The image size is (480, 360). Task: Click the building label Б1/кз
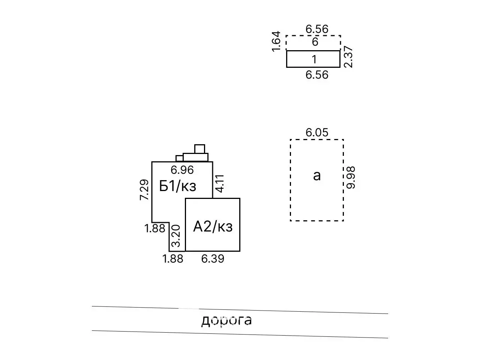coord(178,186)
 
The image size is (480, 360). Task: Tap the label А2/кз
coord(213,226)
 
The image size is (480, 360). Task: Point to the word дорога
coord(226,320)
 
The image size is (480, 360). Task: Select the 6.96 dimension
coord(182,170)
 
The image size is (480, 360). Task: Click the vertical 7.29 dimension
coord(145,190)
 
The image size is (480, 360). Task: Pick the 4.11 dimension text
coord(220,183)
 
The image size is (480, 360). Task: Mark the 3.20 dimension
coord(176,238)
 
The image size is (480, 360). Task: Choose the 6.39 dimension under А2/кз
coord(213,258)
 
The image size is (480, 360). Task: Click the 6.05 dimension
coord(317,133)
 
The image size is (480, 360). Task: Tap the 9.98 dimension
coord(351,177)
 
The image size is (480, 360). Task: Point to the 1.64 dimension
coord(276,41)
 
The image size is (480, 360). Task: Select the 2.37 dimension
coord(348,57)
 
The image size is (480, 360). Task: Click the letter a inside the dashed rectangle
coord(317,175)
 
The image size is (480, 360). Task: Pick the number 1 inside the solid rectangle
coord(314,59)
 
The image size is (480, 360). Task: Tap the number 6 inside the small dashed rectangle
coord(315,42)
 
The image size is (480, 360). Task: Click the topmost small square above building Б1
coord(199,149)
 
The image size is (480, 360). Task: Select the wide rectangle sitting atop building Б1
coord(195,157)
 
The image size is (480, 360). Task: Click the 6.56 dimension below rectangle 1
coord(317,75)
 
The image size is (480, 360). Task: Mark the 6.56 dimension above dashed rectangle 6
coord(317,29)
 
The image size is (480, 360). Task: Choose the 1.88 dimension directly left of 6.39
coord(173,258)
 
